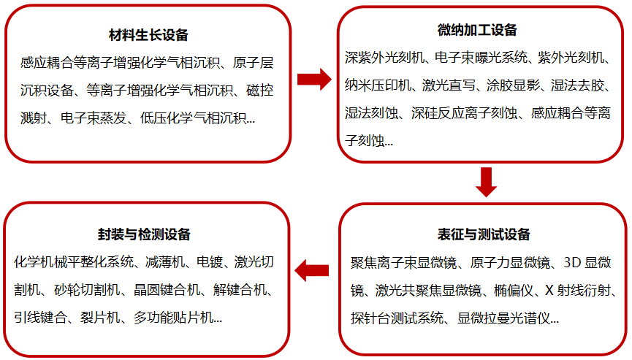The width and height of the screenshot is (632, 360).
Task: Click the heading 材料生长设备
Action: (148, 35)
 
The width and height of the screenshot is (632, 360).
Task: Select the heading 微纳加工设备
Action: (477, 30)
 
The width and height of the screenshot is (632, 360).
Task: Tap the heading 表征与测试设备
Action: (484, 234)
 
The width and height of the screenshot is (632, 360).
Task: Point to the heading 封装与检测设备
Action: (144, 234)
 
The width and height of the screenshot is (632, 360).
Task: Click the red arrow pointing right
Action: (314, 79)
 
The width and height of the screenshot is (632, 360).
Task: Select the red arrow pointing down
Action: (486, 182)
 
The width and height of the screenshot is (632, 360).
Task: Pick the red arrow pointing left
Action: (311, 270)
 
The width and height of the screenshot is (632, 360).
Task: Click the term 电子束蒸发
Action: (94, 118)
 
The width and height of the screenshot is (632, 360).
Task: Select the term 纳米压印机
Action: (378, 85)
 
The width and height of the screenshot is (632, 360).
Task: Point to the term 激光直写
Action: (449, 85)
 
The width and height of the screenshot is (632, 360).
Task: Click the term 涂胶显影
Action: (513, 85)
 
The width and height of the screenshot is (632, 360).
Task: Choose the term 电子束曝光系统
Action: (481, 58)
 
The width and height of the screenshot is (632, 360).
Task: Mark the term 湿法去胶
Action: (578, 85)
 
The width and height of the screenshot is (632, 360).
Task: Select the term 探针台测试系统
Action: (397, 318)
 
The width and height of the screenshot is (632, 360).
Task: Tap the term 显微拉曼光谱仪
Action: (503, 318)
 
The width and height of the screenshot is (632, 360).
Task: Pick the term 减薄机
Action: (165, 262)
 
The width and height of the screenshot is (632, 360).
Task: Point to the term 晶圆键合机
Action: (167, 290)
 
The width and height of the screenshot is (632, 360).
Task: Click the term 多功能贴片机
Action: (173, 318)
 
